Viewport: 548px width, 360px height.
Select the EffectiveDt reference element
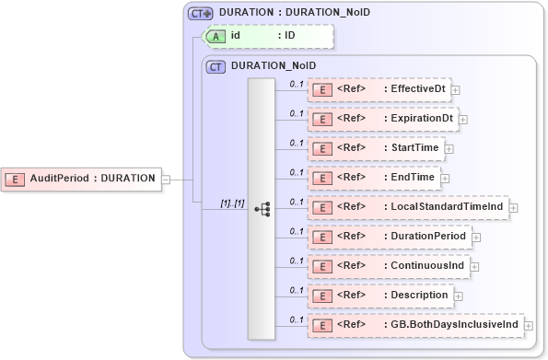click(379, 89)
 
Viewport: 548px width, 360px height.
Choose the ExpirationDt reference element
click(382, 119)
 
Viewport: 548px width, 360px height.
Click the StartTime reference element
click(375, 147)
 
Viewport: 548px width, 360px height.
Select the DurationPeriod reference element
click(389, 237)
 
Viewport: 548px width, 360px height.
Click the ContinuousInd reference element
click(387, 266)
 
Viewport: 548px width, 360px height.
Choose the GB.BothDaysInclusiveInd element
click(414, 325)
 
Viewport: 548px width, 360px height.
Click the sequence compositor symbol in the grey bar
click(262, 209)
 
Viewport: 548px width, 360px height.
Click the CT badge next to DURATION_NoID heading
click(216, 66)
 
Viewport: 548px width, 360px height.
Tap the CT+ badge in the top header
click(200, 14)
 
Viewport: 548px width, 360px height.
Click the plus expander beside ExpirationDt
click(463, 120)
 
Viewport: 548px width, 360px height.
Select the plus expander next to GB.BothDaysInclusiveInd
click(529, 326)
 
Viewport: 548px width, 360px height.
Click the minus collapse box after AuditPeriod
click(167, 178)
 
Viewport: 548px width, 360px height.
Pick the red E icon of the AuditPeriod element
click(16, 178)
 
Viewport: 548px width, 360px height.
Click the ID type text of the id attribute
click(289, 36)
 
